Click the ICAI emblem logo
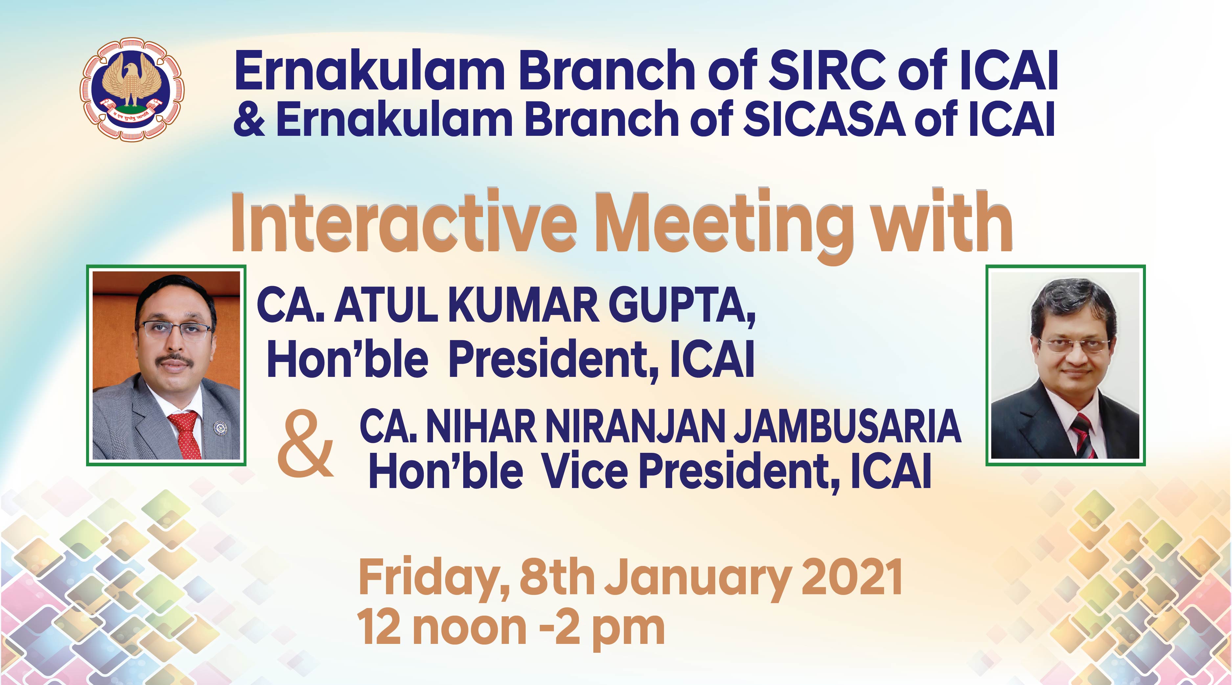coord(132,89)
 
